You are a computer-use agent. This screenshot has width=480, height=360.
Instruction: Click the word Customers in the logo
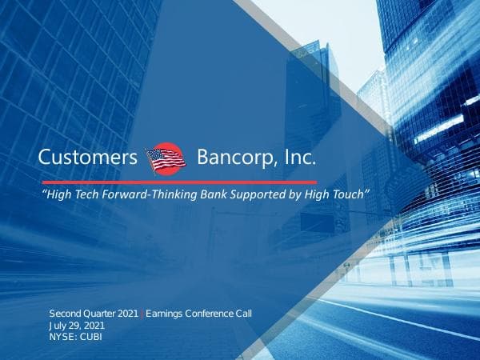point(88,158)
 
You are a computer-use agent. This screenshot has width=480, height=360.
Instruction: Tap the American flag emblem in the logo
point(166,158)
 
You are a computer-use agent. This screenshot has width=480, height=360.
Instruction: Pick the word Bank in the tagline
point(209,195)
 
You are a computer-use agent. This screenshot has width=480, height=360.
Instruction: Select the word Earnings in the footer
point(165,313)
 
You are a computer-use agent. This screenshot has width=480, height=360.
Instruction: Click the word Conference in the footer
point(211,313)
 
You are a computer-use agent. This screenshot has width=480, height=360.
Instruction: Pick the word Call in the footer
point(245,313)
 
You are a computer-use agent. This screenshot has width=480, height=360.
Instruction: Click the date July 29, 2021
point(77,326)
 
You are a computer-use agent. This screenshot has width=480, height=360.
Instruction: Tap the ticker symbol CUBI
point(90,337)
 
